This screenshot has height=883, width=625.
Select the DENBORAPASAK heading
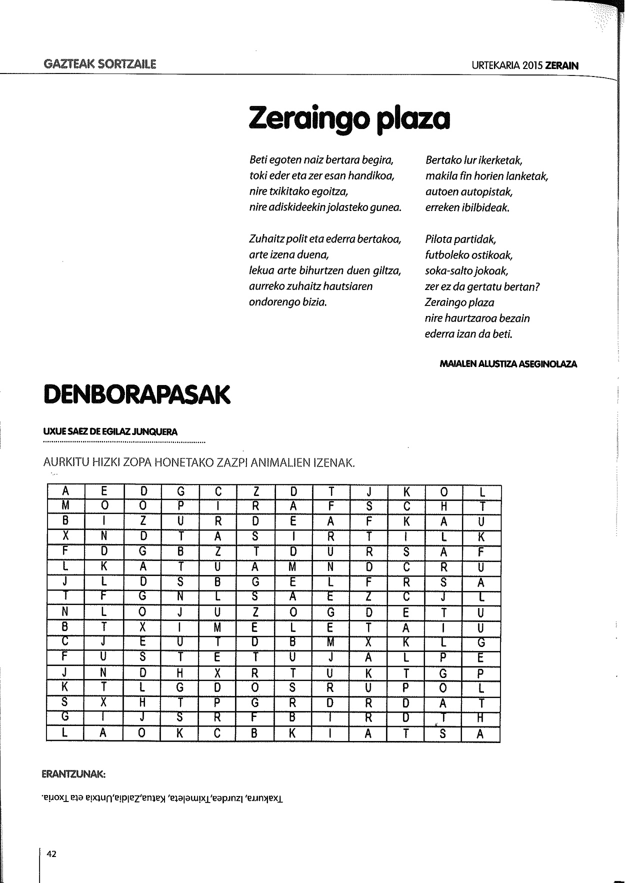point(137,394)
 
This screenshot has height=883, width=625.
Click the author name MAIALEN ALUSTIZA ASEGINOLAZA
point(508,364)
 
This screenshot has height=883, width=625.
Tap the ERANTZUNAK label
point(73,774)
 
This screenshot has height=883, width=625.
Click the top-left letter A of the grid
point(65,492)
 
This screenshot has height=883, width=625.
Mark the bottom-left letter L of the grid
point(65,734)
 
